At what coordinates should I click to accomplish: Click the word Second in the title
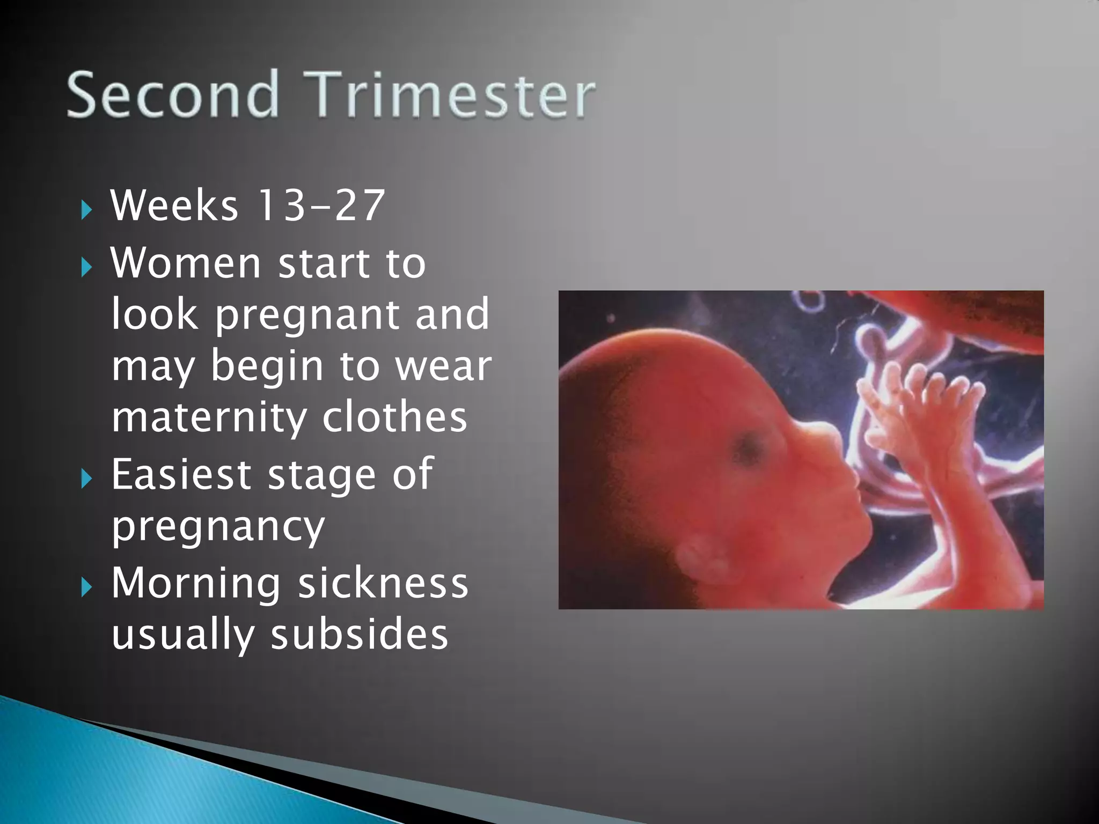pyautogui.click(x=173, y=94)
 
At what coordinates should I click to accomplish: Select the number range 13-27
pyautogui.click(x=321, y=205)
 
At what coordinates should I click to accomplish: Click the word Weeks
pyautogui.click(x=174, y=205)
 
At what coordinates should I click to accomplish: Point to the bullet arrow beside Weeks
pyautogui.click(x=86, y=210)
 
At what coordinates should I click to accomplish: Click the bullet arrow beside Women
pyautogui.click(x=86, y=267)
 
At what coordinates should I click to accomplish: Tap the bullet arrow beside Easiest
pyautogui.click(x=86, y=478)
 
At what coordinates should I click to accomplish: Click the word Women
pyautogui.click(x=186, y=263)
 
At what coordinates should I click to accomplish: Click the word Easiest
pyautogui.click(x=181, y=474)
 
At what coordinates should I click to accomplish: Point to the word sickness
pyautogui.click(x=383, y=584)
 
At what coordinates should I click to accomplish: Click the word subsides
pyautogui.click(x=359, y=635)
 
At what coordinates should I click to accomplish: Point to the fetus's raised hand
pyautogui.click(x=912, y=408)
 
